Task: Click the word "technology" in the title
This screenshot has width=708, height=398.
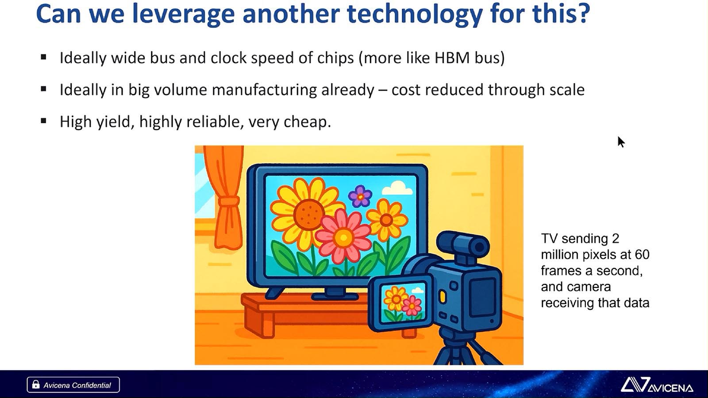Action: tap(414, 14)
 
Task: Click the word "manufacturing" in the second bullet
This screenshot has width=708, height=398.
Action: tap(264, 90)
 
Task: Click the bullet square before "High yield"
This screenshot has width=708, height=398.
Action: tap(44, 121)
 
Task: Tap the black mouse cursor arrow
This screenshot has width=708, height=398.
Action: tap(621, 142)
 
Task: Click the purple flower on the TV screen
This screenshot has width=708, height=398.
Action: tap(360, 196)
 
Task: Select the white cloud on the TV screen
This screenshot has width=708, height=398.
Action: tap(397, 188)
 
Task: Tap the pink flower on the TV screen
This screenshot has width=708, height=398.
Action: tap(343, 237)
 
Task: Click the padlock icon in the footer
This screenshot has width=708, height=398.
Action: tap(36, 384)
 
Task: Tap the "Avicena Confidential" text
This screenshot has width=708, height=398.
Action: tap(77, 385)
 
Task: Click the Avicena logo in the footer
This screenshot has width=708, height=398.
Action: tap(657, 384)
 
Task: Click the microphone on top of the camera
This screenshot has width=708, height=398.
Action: tap(463, 245)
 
